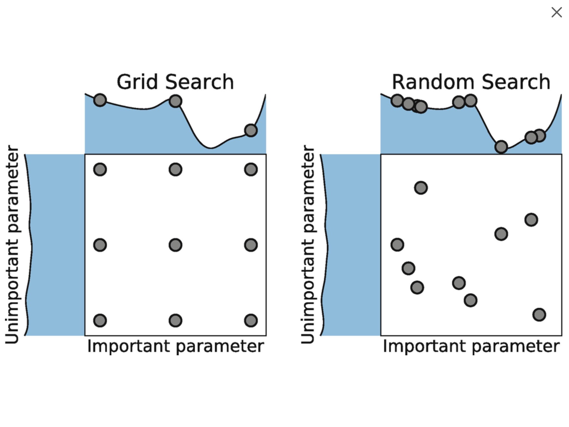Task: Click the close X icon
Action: point(556,12)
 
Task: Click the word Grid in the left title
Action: point(137,82)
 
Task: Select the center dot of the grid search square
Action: point(175,245)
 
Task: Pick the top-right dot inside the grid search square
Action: point(251,169)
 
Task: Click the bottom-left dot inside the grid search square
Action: point(100,320)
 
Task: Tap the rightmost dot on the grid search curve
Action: point(251,130)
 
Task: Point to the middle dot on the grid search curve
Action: point(175,101)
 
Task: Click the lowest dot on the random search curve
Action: point(501,147)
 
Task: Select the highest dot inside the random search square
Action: point(421,188)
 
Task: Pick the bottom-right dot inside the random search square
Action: point(539,315)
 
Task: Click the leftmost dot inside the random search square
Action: point(397,245)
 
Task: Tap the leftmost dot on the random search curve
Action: point(397,100)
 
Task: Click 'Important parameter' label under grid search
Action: point(175,346)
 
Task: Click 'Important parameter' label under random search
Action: point(471,346)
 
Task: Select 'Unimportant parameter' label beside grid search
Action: point(12,245)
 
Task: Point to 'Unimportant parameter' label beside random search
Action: point(308,245)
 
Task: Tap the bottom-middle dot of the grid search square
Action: point(175,320)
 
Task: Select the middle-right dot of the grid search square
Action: point(251,245)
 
